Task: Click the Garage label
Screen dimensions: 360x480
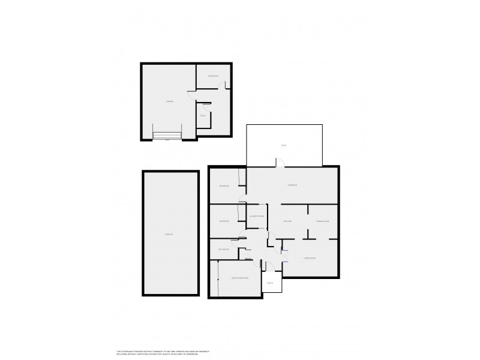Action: [170, 101]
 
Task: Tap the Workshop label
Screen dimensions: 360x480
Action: [213, 76]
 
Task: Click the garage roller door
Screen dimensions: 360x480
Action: [167, 136]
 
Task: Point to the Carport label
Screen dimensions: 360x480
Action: [170, 234]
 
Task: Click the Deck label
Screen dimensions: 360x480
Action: [284, 146]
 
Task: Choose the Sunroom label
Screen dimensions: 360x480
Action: [292, 185]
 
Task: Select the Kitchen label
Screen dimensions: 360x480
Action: [287, 221]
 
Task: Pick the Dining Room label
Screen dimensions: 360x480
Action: [323, 221]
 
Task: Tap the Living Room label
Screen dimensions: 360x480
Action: [309, 258]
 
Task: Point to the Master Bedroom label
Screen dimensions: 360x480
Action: [239, 278]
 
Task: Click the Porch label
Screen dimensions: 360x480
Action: [271, 283]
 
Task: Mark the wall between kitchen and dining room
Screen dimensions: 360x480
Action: [307, 216]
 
